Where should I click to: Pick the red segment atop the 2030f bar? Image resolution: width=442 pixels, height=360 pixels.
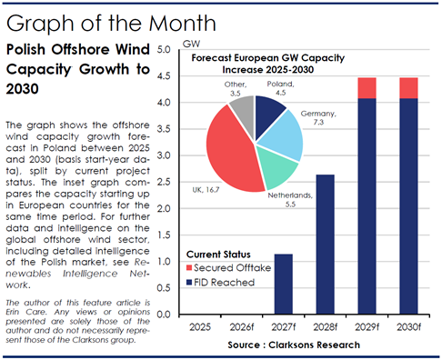pos(409,88)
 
